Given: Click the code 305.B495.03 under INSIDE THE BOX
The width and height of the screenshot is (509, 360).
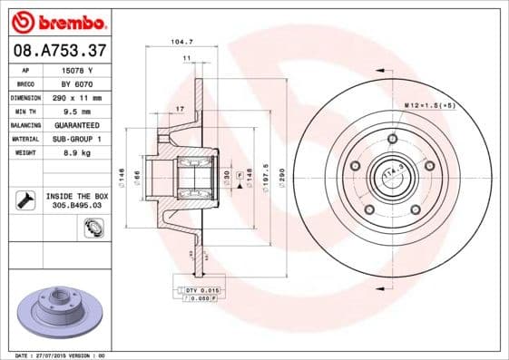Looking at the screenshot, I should click(73, 206).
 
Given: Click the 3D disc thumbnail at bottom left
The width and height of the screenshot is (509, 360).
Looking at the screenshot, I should click(59, 312).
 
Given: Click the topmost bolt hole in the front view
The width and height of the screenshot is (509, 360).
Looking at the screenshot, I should click(392, 139).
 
